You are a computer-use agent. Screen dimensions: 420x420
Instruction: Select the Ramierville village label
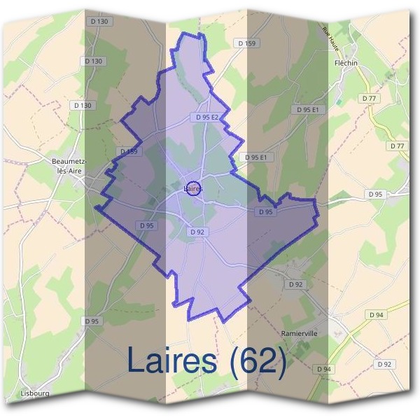[x=299, y=334]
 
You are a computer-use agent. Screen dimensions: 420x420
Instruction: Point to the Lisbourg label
[x=35, y=394]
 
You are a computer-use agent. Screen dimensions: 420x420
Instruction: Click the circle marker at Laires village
[x=195, y=188]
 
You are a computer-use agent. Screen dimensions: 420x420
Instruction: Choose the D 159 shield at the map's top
[x=247, y=43]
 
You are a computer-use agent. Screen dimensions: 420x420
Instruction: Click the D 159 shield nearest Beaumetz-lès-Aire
[x=129, y=151]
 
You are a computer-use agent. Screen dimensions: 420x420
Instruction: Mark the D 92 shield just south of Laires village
[x=196, y=232]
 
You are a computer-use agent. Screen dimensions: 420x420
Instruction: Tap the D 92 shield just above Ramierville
[x=296, y=284]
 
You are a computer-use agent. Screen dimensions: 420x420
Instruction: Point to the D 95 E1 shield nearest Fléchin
[x=307, y=110]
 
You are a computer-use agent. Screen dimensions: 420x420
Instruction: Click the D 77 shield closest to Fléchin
[x=368, y=99]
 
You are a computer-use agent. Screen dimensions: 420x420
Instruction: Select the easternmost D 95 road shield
[x=375, y=194]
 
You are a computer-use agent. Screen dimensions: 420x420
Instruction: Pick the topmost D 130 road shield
[x=99, y=22]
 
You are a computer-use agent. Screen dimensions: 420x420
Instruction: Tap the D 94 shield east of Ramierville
[x=377, y=315]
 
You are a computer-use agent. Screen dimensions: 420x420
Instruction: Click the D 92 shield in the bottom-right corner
[x=384, y=364]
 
